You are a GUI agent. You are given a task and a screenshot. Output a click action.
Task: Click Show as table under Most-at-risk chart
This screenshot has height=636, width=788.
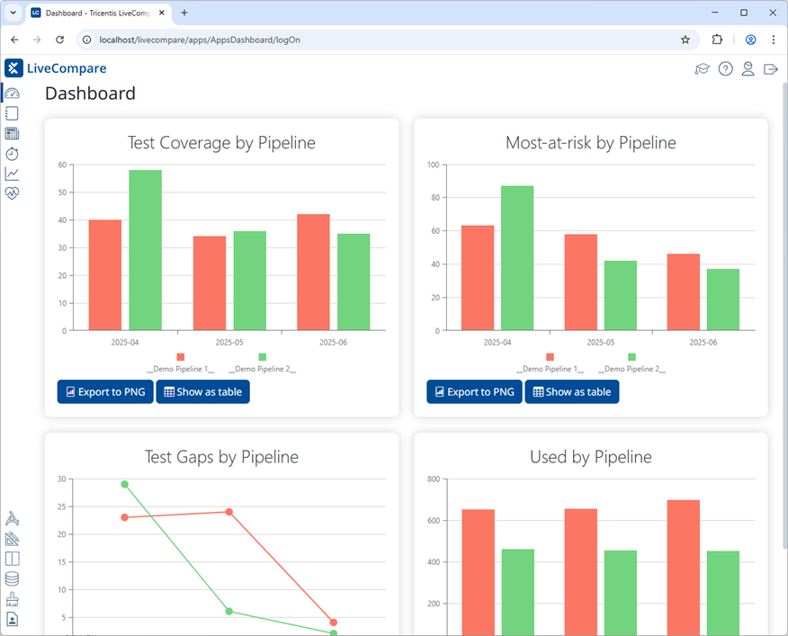pos(571,392)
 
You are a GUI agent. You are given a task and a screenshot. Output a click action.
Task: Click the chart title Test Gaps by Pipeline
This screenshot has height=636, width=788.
pos(221,457)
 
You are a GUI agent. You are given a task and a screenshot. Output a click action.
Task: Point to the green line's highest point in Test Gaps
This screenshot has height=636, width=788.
pos(125,484)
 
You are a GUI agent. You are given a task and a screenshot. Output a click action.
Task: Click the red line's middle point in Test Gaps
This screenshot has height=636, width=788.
pos(229,512)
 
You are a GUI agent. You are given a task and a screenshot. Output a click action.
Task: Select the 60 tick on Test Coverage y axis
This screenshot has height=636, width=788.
pos(62,165)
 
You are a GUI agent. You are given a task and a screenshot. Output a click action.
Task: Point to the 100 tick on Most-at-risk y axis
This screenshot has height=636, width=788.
pos(433,165)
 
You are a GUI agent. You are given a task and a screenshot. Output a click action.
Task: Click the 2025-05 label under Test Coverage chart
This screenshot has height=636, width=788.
pos(229,343)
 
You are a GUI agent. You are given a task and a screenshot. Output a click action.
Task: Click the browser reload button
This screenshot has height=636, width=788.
pos(59,40)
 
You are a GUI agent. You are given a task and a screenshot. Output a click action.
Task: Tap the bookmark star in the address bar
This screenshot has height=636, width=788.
pos(685,40)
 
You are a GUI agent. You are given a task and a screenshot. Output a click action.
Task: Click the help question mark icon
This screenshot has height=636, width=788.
pos(725,68)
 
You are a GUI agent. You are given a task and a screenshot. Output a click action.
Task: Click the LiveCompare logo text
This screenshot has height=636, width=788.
pos(67,68)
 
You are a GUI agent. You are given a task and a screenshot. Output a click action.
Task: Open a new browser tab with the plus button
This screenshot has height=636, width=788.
pos(184,13)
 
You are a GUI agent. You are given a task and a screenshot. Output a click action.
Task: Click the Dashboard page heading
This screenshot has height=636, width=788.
pos(90,94)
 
